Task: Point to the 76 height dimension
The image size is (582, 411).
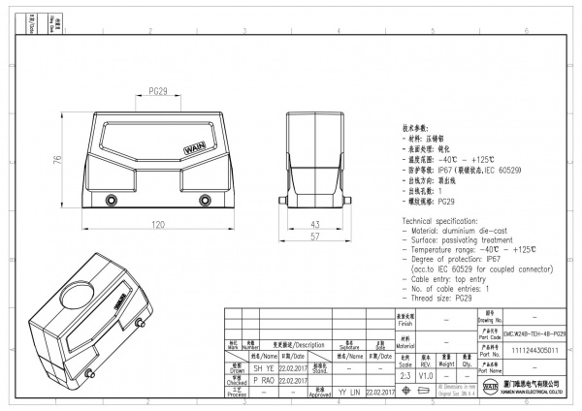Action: [x=57, y=161]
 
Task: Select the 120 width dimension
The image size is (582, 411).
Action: [x=156, y=224]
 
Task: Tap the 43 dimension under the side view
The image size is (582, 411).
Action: [x=315, y=224]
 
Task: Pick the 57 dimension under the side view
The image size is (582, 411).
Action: [x=315, y=236]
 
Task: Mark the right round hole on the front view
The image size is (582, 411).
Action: [x=204, y=202]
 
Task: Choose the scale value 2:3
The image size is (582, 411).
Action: [x=403, y=374]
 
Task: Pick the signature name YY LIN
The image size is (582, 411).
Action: [x=349, y=393]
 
